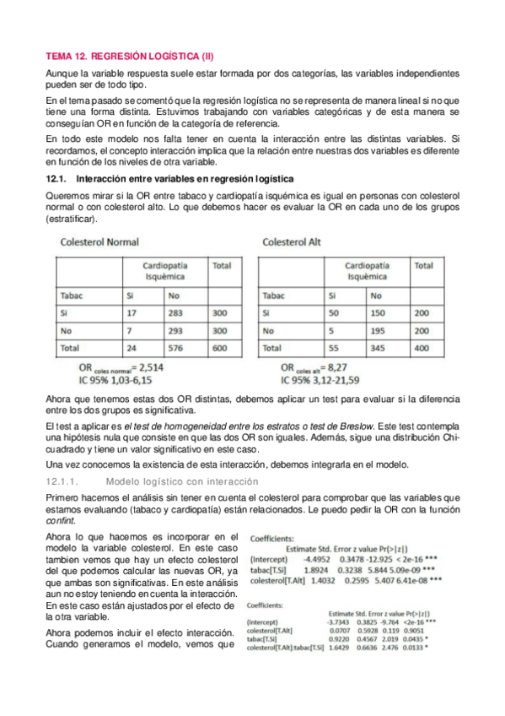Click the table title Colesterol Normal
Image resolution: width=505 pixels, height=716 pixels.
click(99, 242)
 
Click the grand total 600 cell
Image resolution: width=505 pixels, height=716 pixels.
click(221, 347)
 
